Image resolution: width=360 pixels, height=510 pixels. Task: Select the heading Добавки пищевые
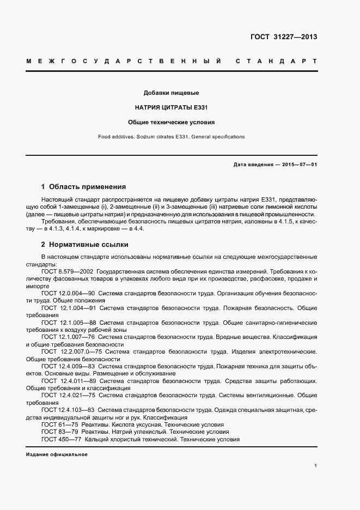click(x=171, y=93)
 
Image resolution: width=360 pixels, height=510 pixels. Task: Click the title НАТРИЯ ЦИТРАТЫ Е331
click(x=171, y=108)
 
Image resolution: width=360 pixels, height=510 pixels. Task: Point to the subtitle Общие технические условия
click(x=171, y=123)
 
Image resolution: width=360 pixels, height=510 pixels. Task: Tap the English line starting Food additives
click(x=171, y=137)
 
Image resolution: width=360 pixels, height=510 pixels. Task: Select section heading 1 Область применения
click(x=83, y=186)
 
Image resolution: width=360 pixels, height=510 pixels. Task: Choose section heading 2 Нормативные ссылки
click(x=84, y=245)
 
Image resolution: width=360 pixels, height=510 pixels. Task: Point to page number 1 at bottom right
click(x=315, y=466)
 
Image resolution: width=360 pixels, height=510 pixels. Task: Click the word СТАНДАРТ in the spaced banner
click(x=276, y=61)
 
